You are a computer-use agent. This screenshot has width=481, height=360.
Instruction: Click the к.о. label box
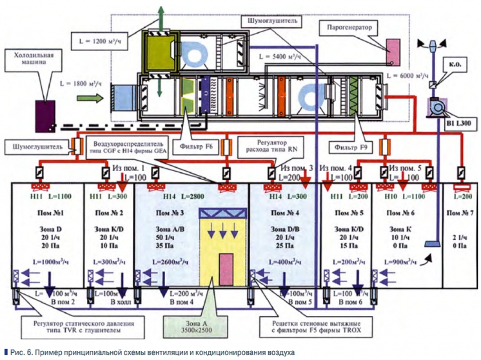pos(451,65)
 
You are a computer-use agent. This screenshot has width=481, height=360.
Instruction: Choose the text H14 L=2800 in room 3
pos(170,194)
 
